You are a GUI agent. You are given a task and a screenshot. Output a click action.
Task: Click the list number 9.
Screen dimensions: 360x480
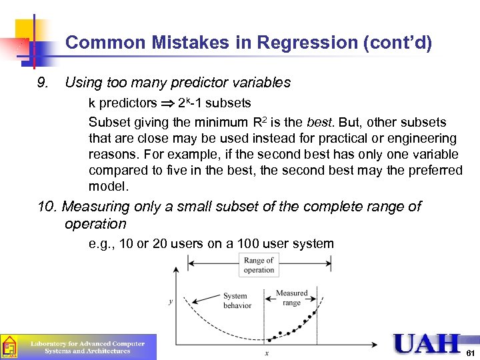[45, 83]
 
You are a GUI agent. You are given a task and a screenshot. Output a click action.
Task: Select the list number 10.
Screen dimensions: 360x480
[47, 207]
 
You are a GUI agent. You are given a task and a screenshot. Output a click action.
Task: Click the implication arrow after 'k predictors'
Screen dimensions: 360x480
[168, 103]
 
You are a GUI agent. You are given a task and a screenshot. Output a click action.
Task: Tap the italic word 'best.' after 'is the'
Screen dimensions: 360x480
[321, 123]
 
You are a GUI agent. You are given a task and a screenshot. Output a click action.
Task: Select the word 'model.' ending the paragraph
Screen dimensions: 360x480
[108, 186]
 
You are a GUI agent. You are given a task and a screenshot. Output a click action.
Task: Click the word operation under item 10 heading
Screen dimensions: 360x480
[95, 224]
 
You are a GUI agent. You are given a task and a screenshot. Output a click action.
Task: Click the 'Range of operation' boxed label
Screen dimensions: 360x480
[259, 265]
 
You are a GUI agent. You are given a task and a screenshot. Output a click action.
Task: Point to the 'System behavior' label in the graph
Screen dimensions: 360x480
[237, 301]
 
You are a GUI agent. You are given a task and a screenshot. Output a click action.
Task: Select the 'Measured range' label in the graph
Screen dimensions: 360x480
[291, 297]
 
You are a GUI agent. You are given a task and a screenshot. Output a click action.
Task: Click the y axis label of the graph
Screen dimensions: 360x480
[171, 301]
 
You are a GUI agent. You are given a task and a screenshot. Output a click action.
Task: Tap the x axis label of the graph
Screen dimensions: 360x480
[267, 353]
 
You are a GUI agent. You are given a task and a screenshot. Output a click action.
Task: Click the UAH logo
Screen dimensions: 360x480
[427, 344]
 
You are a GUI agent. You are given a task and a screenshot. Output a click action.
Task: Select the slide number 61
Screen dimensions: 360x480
[470, 351]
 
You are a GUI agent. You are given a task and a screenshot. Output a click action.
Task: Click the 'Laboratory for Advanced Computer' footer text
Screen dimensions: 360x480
[88, 343]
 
